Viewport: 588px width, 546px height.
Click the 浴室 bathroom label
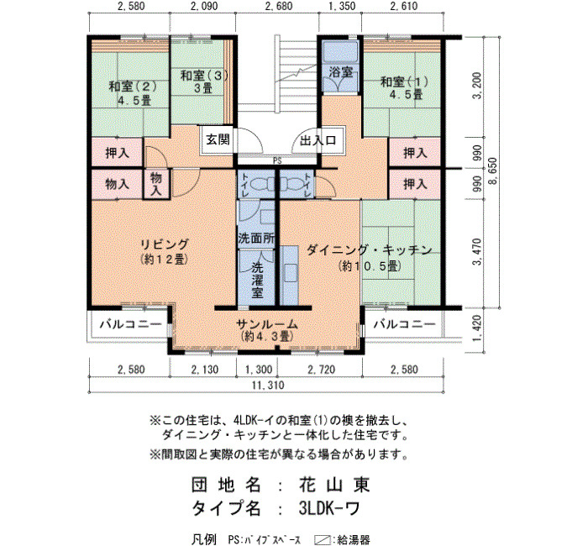pyautogui.click(x=340, y=71)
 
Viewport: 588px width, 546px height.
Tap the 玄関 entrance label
pyautogui.click(x=218, y=140)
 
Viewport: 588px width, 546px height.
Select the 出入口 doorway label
pyautogui.click(x=318, y=140)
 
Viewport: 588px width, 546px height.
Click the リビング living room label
pyautogui.click(x=164, y=244)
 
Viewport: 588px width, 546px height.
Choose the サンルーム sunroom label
pyautogui.click(x=266, y=324)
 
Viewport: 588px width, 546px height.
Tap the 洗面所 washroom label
pyautogui.click(x=256, y=238)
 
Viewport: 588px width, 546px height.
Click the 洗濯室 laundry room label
pyautogui.click(x=257, y=280)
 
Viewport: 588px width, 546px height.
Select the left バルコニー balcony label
pyautogui.click(x=130, y=323)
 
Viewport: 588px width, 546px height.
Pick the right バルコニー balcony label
pyautogui.click(x=405, y=323)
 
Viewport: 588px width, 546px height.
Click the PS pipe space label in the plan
pyautogui.click(x=277, y=161)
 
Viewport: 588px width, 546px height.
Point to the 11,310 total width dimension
pyautogui.click(x=268, y=385)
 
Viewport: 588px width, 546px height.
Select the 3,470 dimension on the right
pyautogui.click(x=477, y=251)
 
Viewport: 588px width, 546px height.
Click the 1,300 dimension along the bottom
pyautogui.click(x=259, y=370)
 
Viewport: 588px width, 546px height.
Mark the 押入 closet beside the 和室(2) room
pyautogui.click(x=118, y=153)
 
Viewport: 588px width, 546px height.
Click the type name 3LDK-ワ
pyautogui.click(x=329, y=508)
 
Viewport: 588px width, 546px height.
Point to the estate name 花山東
pyautogui.click(x=334, y=485)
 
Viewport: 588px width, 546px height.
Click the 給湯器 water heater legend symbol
pyautogui.click(x=321, y=540)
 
